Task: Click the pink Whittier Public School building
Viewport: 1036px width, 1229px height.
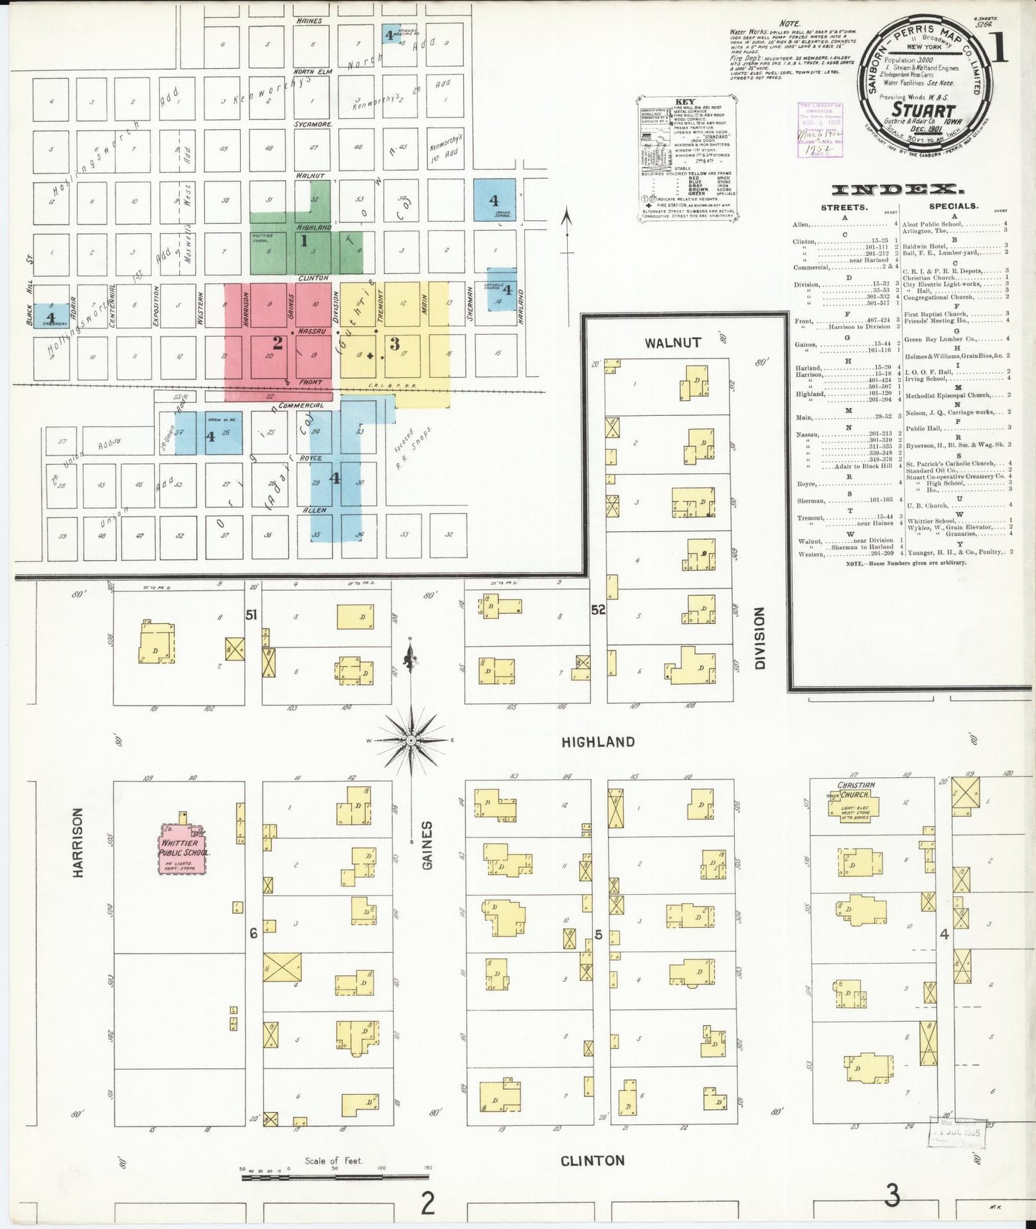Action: point(183,850)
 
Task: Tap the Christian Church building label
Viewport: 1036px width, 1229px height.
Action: point(856,790)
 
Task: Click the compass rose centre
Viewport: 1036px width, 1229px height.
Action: point(411,740)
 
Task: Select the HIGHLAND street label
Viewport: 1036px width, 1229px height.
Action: point(598,742)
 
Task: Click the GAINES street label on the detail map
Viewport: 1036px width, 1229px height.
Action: point(427,845)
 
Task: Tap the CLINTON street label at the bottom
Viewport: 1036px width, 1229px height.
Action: point(592,1160)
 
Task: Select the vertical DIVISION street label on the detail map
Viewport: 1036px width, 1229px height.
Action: point(759,638)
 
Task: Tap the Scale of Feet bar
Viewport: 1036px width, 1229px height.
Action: point(334,1176)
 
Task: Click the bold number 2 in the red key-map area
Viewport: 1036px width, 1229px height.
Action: point(277,343)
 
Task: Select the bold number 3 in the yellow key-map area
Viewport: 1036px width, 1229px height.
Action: point(394,344)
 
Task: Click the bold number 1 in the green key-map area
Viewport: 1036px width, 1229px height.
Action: point(304,241)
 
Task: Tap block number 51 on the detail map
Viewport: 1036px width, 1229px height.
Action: point(252,614)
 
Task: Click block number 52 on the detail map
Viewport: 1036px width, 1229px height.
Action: point(598,610)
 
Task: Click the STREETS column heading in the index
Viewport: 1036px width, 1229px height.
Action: point(844,207)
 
